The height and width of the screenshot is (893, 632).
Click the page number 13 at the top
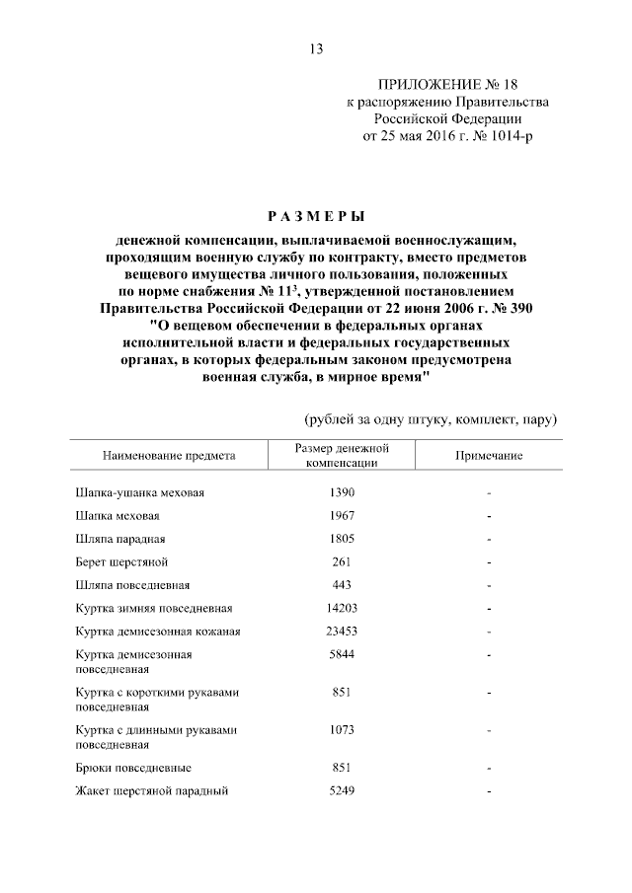click(x=316, y=50)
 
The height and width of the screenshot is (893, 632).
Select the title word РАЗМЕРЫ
click(x=315, y=215)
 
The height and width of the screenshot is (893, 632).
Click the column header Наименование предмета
click(x=168, y=456)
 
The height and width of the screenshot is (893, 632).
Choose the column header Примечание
click(x=488, y=456)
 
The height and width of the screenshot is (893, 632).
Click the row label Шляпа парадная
click(x=119, y=540)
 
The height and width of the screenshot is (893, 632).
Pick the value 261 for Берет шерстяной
click(x=341, y=562)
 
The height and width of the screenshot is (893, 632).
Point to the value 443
click(x=341, y=585)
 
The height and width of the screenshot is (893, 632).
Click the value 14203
click(x=341, y=609)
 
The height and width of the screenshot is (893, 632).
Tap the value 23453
click(x=341, y=632)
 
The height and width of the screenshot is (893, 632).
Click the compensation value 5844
click(x=341, y=654)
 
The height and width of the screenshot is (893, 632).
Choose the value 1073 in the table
click(x=341, y=730)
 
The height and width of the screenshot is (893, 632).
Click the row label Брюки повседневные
click(x=133, y=768)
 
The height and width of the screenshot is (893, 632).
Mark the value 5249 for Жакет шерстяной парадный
click(x=341, y=790)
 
